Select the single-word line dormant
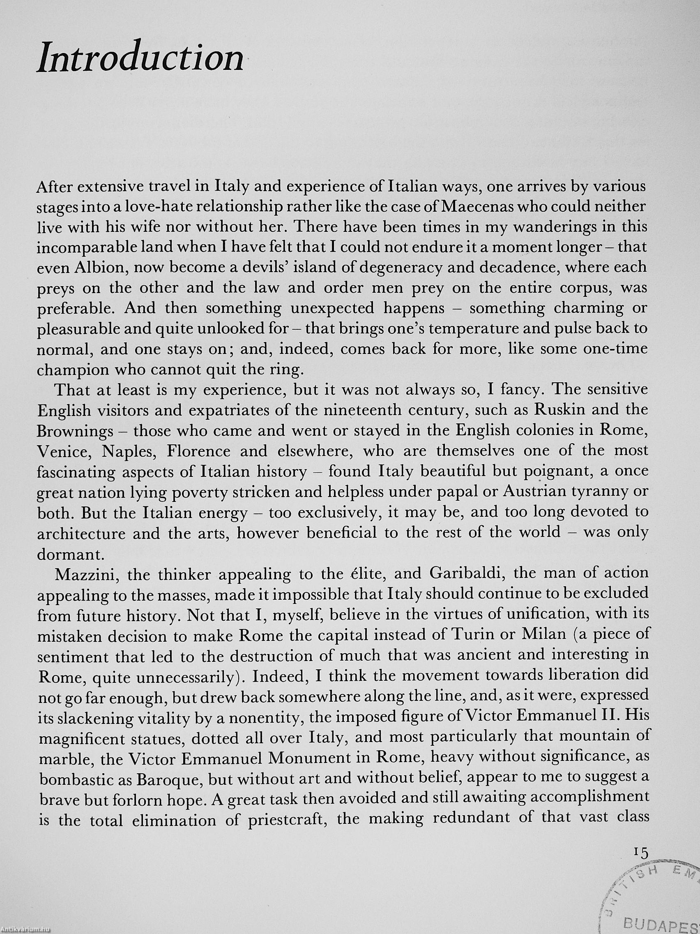(67, 554)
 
